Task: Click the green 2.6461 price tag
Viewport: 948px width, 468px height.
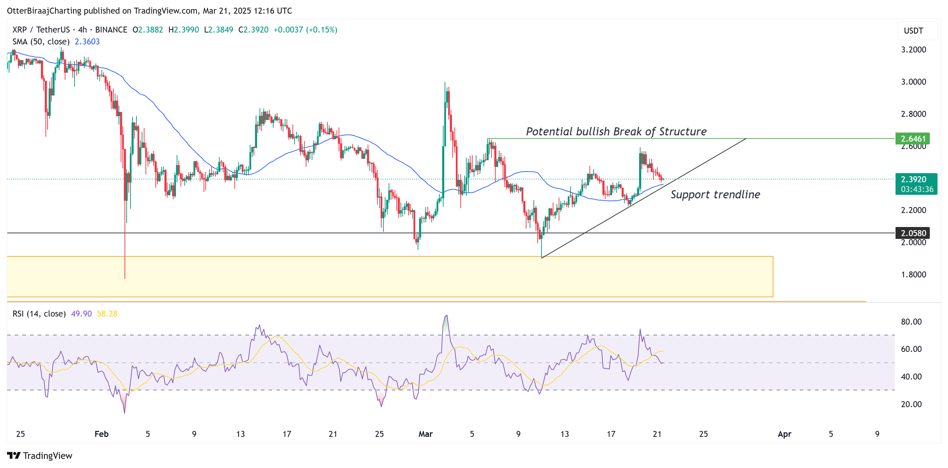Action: point(912,139)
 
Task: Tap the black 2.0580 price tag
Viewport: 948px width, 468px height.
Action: point(912,233)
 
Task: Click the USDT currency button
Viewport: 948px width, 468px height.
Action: point(913,30)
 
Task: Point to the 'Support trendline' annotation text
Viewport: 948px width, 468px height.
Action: point(715,194)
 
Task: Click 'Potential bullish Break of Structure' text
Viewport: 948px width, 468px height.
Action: point(616,132)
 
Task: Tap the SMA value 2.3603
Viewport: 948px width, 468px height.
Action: point(87,42)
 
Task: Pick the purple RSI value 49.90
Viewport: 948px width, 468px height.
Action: point(81,313)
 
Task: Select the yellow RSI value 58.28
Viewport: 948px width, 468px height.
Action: point(107,313)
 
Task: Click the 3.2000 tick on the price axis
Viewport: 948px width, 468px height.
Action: point(913,50)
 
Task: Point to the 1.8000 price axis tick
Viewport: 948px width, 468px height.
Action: point(913,275)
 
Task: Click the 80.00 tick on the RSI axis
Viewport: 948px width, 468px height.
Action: point(911,321)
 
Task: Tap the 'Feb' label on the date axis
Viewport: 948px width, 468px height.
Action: point(101,434)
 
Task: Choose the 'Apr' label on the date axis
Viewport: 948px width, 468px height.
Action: point(784,434)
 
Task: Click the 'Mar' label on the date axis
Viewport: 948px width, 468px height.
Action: point(425,434)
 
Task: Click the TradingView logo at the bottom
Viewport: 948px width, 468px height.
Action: point(40,455)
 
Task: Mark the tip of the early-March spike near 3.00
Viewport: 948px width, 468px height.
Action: point(445,83)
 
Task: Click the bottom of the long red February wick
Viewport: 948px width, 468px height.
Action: point(125,278)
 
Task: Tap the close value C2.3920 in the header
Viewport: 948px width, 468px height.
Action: point(254,30)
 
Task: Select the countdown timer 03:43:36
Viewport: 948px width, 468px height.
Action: point(917,189)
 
